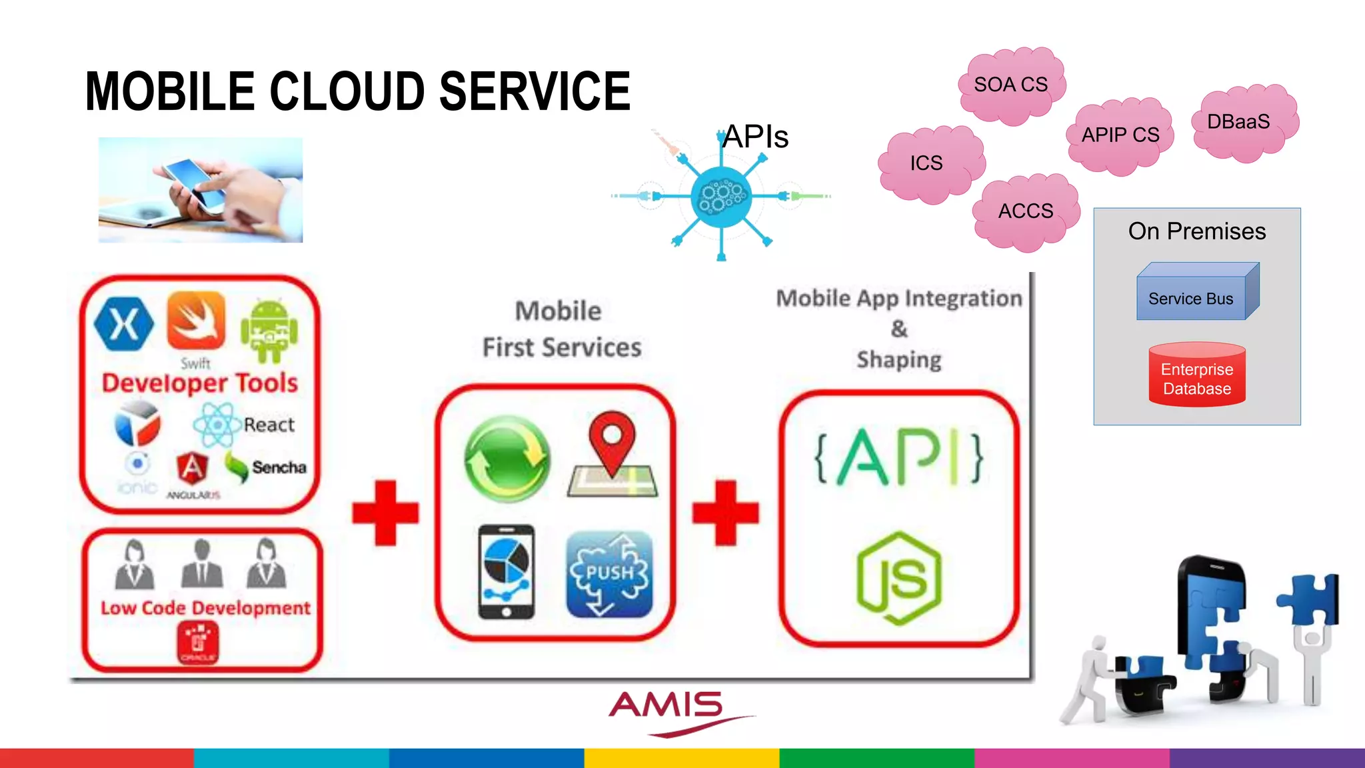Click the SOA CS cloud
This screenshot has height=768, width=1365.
point(1011,85)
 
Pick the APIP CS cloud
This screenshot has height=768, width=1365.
point(1120,135)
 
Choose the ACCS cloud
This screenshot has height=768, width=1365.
point(1026,212)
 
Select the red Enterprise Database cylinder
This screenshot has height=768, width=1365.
point(1197,376)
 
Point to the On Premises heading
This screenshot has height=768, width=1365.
point(1197,231)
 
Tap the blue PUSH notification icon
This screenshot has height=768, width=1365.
point(609,574)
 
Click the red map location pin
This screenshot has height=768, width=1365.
point(612,443)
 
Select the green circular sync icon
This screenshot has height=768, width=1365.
point(507,459)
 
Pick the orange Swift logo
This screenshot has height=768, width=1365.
point(196,320)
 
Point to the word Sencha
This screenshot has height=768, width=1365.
point(279,467)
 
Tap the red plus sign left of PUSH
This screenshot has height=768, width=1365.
point(385,512)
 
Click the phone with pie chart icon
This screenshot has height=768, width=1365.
point(507,571)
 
